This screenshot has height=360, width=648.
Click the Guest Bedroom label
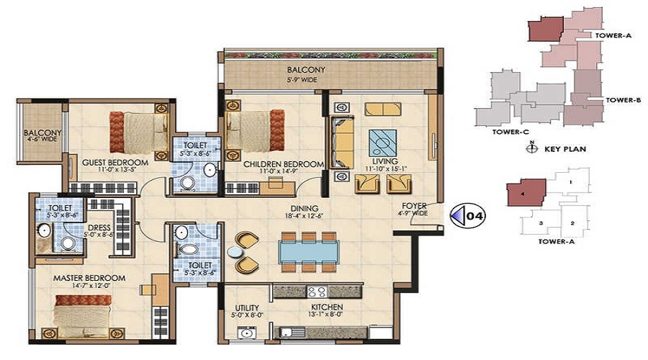pyautogui.click(x=114, y=163)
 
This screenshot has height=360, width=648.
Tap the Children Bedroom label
pyautogui.click(x=283, y=164)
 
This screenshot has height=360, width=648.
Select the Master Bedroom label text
pyautogui.click(x=89, y=278)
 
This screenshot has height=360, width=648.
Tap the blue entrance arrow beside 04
pyautogui.click(x=455, y=215)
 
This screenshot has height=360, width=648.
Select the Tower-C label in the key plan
pyautogui.click(x=491, y=132)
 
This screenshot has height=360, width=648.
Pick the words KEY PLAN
pyautogui.click(x=564, y=149)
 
